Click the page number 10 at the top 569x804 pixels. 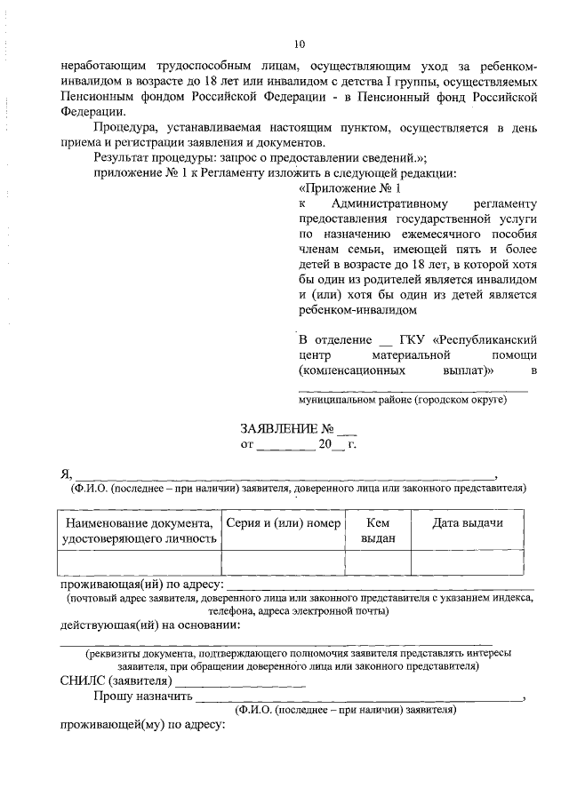point(299,44)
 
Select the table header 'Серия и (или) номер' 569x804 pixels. point(283,523)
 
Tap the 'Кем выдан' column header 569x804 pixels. point(378,530)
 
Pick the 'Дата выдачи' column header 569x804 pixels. point(467,523)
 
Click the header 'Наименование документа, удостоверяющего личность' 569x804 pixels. point(140,530)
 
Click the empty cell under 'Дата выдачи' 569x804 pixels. point(467,562)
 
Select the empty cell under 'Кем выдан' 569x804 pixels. point(378,562)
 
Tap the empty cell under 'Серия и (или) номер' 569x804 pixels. point(283,562)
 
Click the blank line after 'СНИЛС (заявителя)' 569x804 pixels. point(253,682)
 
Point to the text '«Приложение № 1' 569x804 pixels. point(350,188)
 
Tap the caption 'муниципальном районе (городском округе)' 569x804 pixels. point(403,401)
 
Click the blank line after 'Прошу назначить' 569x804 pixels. point(356,699)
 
